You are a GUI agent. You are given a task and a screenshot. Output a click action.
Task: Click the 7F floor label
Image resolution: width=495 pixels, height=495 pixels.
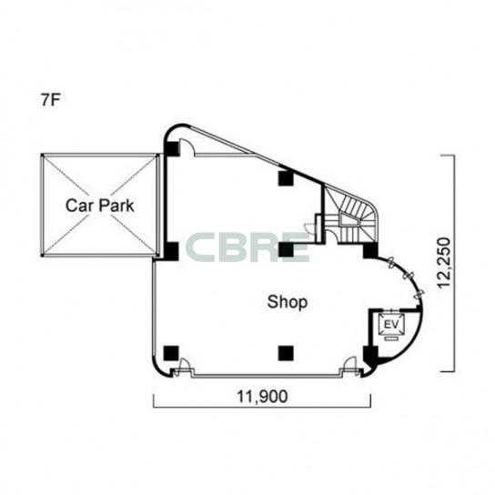pyautogui.click(x=51, y=100)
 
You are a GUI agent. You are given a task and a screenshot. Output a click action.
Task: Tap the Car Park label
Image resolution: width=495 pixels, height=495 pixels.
pyautogui.click(x=100, y=206)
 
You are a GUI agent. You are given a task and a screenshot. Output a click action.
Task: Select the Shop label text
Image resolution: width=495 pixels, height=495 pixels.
pyautogui.click(x=288, y=302)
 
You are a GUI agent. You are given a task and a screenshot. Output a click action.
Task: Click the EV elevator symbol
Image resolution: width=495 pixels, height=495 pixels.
pyautogui.click(x=391, y=325)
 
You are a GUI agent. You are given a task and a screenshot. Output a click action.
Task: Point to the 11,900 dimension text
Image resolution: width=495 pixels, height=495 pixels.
pyautogui.click(x=262, y=397)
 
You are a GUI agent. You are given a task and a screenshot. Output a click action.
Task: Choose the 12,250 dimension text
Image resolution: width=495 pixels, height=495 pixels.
pyautogui.click(x=443, y=263)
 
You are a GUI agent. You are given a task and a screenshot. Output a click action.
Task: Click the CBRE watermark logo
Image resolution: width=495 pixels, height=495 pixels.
pyautogui.click(x=247, y=247)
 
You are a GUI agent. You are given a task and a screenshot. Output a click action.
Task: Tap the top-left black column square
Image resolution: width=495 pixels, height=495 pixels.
pyautogui.click(x=172, y=148)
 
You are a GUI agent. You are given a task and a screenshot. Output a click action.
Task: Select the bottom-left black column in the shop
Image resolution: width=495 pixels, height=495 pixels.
pyautogui.click(x=171, y=353)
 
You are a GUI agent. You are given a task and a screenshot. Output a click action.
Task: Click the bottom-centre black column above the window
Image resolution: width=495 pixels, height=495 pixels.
pyautogui.click(x=286, y=353)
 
